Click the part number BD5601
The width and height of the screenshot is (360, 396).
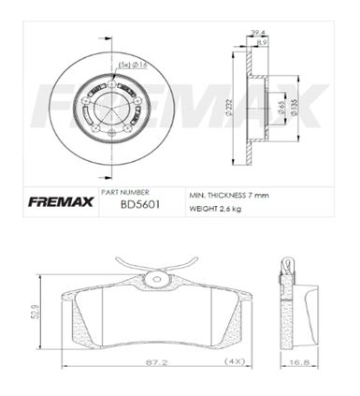pos(140,205)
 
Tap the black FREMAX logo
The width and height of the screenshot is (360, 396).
pos(61,202)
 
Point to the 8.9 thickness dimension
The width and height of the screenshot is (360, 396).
pos(262,43)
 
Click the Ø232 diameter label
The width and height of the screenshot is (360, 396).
pos(228,109)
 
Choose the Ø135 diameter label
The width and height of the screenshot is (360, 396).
pos(294,108)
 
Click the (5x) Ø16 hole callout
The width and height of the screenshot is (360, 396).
pos(133,65)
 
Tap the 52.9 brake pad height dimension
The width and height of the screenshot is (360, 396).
pos(36,312)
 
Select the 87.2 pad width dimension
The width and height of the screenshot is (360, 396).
pos(156,362)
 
